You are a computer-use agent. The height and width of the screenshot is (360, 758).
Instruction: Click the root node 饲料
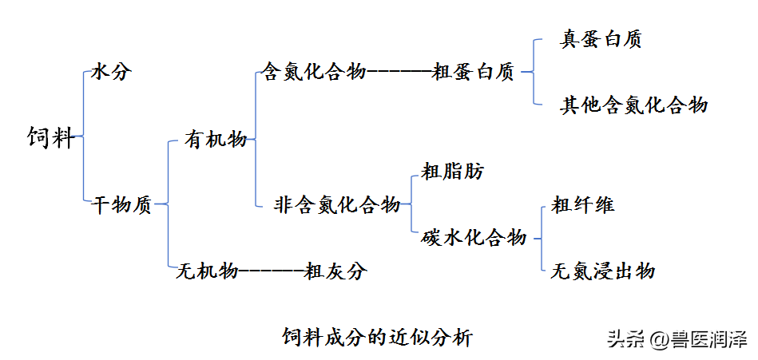click(x=50, y=137)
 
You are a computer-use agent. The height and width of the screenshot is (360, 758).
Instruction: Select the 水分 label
click(x=111, y=72)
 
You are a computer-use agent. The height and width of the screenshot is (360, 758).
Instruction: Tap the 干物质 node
click(x=122, y=205)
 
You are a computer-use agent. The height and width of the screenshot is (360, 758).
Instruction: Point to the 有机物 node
click(x=216, y=140)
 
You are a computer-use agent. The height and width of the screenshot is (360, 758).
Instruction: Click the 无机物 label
click(x=207, y=271)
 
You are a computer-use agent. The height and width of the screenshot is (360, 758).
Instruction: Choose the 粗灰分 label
click(x=335, y=271)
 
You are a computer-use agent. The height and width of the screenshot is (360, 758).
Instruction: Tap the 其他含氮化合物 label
click(x=633, y=105)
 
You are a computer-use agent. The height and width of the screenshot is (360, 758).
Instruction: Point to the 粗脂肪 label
click(x=452, y=171)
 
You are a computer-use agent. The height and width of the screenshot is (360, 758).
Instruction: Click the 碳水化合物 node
click(x=474, y=237)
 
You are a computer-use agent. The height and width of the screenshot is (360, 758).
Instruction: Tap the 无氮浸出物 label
click(x=603, y=271)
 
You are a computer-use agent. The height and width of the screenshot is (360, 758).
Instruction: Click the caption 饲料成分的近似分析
click(x=377, y=336)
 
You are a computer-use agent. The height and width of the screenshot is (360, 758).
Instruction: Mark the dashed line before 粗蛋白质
click(x=399, y=73)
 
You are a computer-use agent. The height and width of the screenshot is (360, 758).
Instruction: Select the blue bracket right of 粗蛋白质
click(x=530, y=73)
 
